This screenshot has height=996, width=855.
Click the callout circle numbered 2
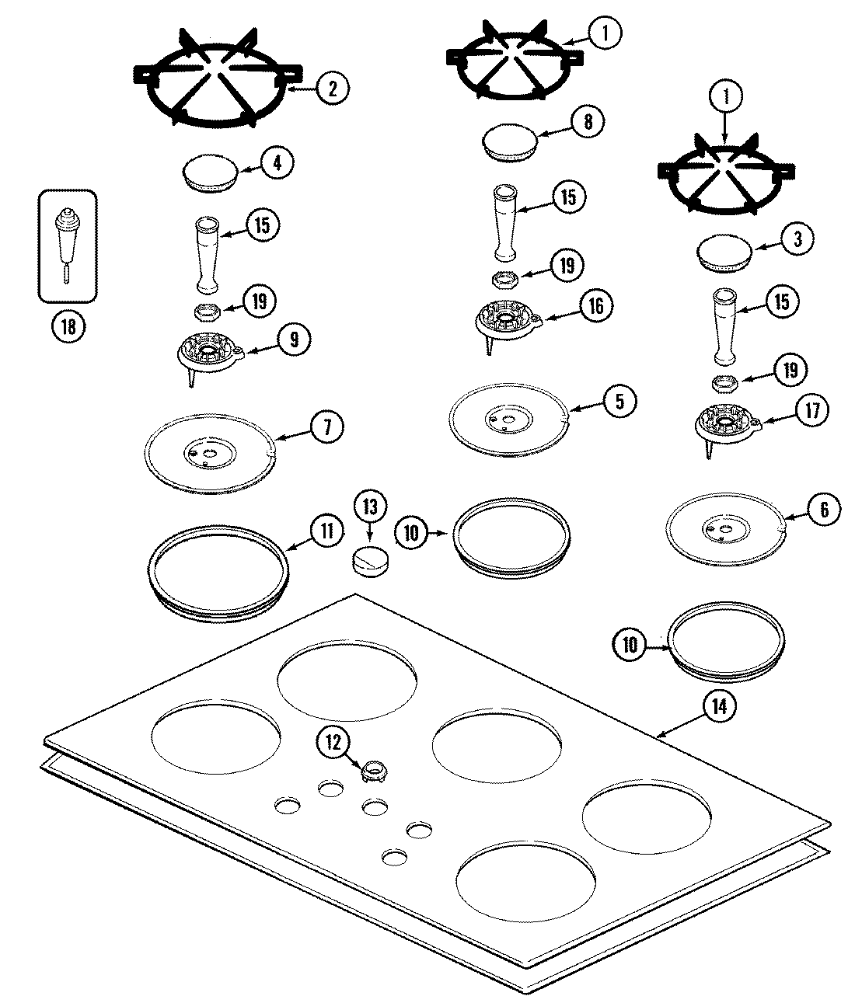click(x=333, y=88)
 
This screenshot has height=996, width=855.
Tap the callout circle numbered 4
click(x=277, y=162)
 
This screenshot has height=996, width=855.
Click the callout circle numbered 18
click(x=68, y=327)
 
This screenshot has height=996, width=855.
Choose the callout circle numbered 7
click(x=326, y=427)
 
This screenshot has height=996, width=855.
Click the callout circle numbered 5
click(x=619, y=401)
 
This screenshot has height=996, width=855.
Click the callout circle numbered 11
click(x=326, y=531)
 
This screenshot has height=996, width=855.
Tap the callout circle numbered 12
click(x=333, y=742)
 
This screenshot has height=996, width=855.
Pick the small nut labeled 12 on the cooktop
click(x=374, y=771)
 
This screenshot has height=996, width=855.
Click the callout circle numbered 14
click(x=718, y=706)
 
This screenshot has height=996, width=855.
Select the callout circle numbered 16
click(x=596, y=305)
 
